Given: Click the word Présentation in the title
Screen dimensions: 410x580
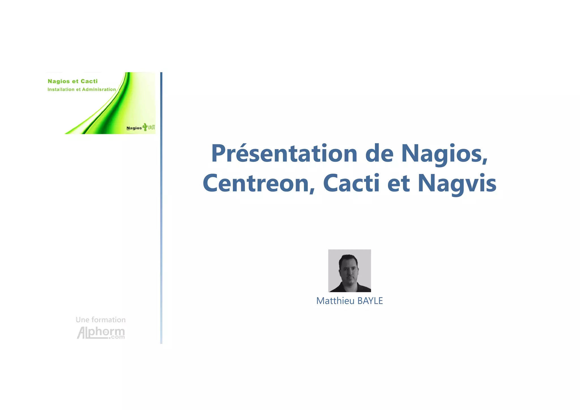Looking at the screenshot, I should pos(284,154).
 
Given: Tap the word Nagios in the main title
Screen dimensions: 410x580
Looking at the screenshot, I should pos(444,154).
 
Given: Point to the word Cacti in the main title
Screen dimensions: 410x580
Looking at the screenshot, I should pos(351,183).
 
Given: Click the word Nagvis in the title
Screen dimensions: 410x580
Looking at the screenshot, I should pos(457,183).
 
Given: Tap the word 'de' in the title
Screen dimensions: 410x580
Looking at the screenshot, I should pos(379,154).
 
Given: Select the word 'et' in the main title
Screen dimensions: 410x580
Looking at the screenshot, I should pos(398,183).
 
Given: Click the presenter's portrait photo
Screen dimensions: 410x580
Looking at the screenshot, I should pos(349,270).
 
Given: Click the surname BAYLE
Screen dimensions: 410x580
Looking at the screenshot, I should pos(370,301).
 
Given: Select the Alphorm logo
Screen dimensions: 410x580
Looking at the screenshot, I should pos(101,333).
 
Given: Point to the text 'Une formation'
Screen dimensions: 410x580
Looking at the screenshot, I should pos(101,320).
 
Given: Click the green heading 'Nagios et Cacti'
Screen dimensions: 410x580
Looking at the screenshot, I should pos(72,81).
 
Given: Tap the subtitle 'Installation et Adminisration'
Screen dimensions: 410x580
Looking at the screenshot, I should pos(82,90).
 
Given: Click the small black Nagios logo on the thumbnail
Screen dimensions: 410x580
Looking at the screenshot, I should pos(134,128).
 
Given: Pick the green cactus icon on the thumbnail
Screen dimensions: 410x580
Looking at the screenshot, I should pos(145,127).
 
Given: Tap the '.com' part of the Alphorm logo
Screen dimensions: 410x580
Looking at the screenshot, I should pos(117,337).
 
